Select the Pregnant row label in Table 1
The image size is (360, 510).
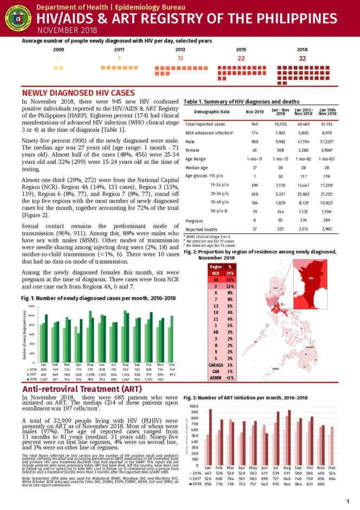click(195, 221)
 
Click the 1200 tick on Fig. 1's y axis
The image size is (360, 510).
click(30, 307)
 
